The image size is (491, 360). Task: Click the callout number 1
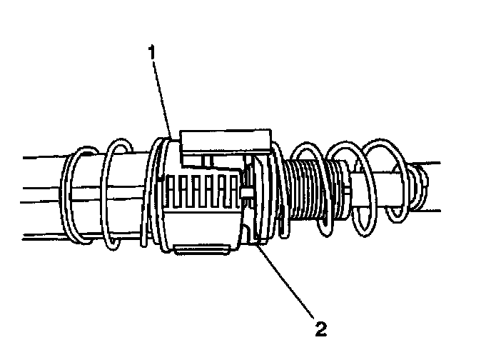[151, 51]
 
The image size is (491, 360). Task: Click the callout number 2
[320, 329]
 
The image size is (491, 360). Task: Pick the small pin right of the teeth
[247, 194]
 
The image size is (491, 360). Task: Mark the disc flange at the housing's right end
[260, 200]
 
